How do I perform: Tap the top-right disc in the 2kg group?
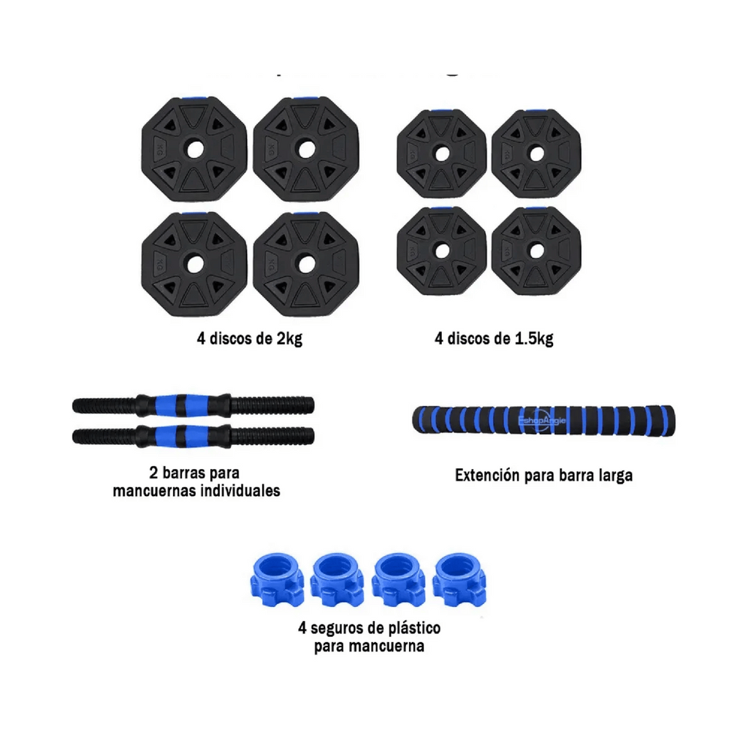click(305, 149)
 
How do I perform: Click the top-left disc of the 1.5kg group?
click(440, 154)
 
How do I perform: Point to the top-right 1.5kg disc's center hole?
click(536, 154)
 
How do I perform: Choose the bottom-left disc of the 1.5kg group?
click(440, 251)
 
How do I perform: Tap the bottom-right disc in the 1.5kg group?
click(536, 251)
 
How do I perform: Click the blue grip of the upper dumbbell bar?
click(183, 403)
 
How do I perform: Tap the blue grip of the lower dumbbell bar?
click(183, 436)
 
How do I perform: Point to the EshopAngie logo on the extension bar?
click(541, 423)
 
